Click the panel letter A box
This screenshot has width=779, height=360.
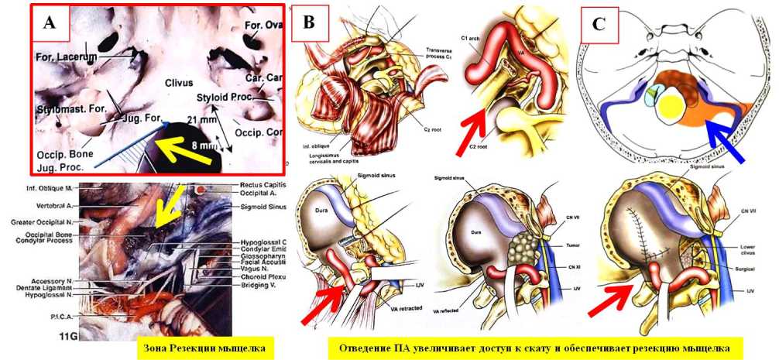click(x=50, y=22)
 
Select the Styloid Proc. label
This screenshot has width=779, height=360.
click(x=221, y=98)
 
